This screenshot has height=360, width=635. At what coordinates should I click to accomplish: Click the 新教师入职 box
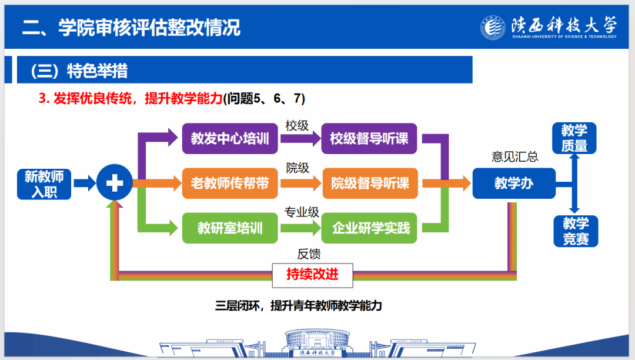pyautogui.click(x=44, y=184)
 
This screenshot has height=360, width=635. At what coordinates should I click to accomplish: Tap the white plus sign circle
pyautogui.click(x=114, y=184)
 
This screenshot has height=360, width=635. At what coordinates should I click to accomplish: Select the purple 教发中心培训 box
pyautogui.click(x=230, y=139)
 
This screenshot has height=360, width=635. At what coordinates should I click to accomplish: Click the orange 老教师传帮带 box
pyautogui.click(x=230, y=183)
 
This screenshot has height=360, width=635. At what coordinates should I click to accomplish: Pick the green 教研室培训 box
pyautogui.click(x=230, y=228)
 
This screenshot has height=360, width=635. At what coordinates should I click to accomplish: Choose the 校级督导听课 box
pyautogui.click(x=369, y=139)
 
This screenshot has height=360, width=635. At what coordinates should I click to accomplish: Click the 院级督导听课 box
pyautogui.click(x=369, y=183)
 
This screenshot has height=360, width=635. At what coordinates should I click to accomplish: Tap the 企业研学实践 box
pyautogui.click(x=369, y=228)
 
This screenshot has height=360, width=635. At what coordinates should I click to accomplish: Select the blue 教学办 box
pyautogui.click(x=514, y=183)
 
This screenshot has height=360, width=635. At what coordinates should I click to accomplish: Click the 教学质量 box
pyautogui.click(x=574, y=138)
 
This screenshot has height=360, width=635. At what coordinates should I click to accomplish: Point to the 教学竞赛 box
pyautogui.click(x=576, y=231)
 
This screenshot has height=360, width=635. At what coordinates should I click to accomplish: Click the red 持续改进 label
pyautogui.click(x=313, y=274)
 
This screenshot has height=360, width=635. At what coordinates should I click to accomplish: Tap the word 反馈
pyautogui.click(x=309, y=254)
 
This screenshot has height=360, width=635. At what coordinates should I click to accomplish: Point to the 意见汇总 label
pyautogui.click(x=515, y=157)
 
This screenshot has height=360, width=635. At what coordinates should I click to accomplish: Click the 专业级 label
pyautogui.click(x=302, y=212)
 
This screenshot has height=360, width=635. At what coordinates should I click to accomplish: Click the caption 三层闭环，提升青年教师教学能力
pyautogui.click(x=299, y=306)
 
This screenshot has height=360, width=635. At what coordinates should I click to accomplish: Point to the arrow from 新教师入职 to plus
pyautogui.click(x=84, y=184)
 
